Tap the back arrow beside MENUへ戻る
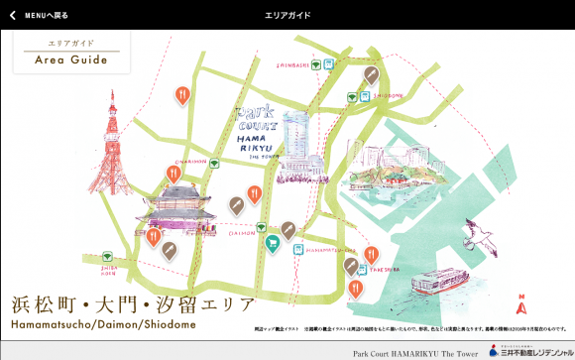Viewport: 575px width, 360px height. (12, 16)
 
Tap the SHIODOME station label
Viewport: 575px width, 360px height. (388, 97)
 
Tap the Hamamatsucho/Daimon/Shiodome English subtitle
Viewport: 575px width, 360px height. (104, 325)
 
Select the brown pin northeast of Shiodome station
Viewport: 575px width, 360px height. (371, 75)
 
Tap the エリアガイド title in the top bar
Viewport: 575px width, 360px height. (287, 16)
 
